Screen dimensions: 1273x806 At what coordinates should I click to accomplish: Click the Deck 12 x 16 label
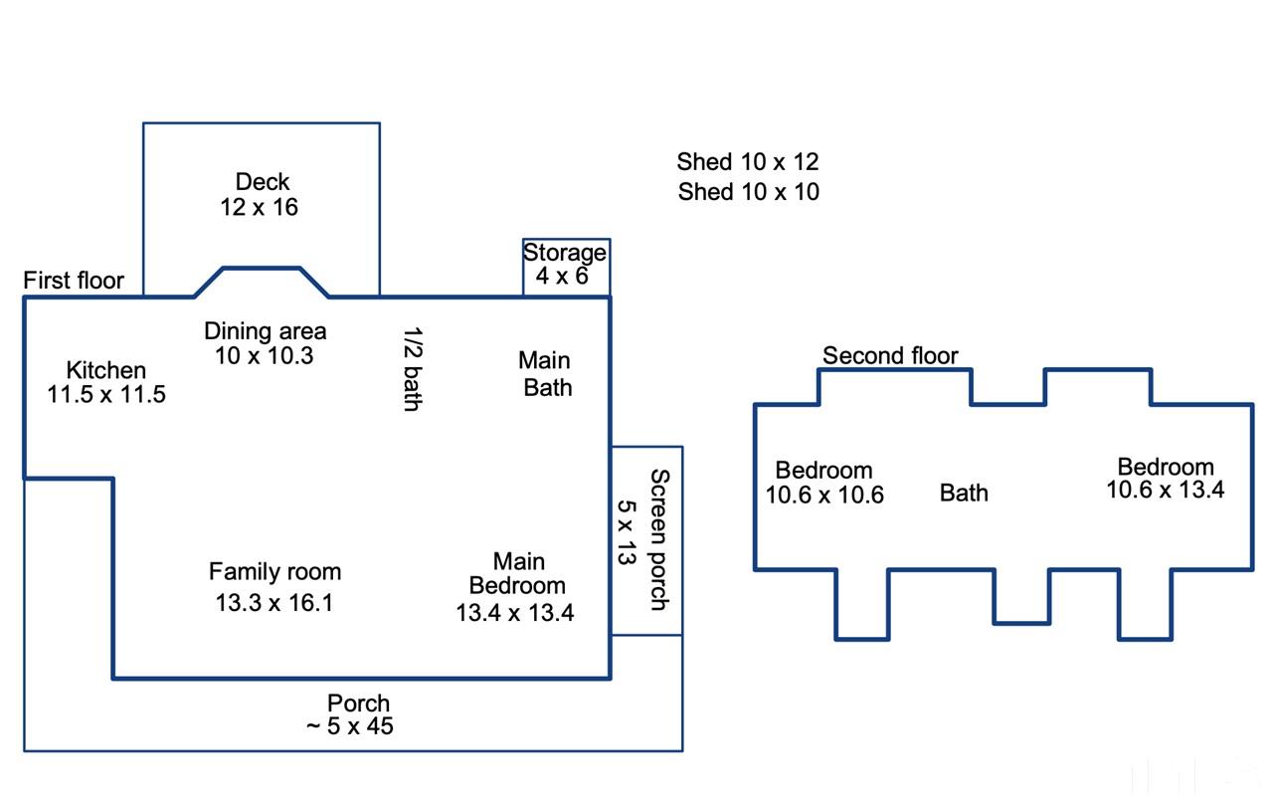tap(261, 194)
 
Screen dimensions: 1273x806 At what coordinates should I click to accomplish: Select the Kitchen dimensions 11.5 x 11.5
tap(106, 394)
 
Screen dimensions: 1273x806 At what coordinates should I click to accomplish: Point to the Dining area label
tap(266, 330)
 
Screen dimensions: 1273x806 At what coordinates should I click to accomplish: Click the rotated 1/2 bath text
tap(413, 369)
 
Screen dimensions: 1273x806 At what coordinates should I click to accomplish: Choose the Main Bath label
tap(546, 374)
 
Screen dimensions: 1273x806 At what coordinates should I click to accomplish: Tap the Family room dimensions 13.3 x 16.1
tap(274, 603)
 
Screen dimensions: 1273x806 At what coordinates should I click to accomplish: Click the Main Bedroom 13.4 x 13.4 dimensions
tap(515, 613)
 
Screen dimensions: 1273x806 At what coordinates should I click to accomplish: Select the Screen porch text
tap(659, 540)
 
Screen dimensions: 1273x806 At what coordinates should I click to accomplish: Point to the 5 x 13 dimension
tap(627, 532)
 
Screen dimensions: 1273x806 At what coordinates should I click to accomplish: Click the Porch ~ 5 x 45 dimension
tap(350, 726)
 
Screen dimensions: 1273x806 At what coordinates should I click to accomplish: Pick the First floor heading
tap(74, 281)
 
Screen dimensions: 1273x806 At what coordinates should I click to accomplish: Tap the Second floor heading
tap(890, 356)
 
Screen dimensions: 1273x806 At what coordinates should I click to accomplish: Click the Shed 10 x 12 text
tap(748, 162)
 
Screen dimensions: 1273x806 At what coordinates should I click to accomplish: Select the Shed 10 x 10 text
tap(749, 192)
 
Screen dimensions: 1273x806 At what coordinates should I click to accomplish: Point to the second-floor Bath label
tap(964, 493)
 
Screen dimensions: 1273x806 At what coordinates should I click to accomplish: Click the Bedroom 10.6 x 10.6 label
tap(824, 483)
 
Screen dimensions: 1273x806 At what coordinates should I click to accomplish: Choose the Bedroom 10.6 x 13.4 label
tap(1165, 478)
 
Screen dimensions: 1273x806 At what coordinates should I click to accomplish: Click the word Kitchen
tap(106, 370)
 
